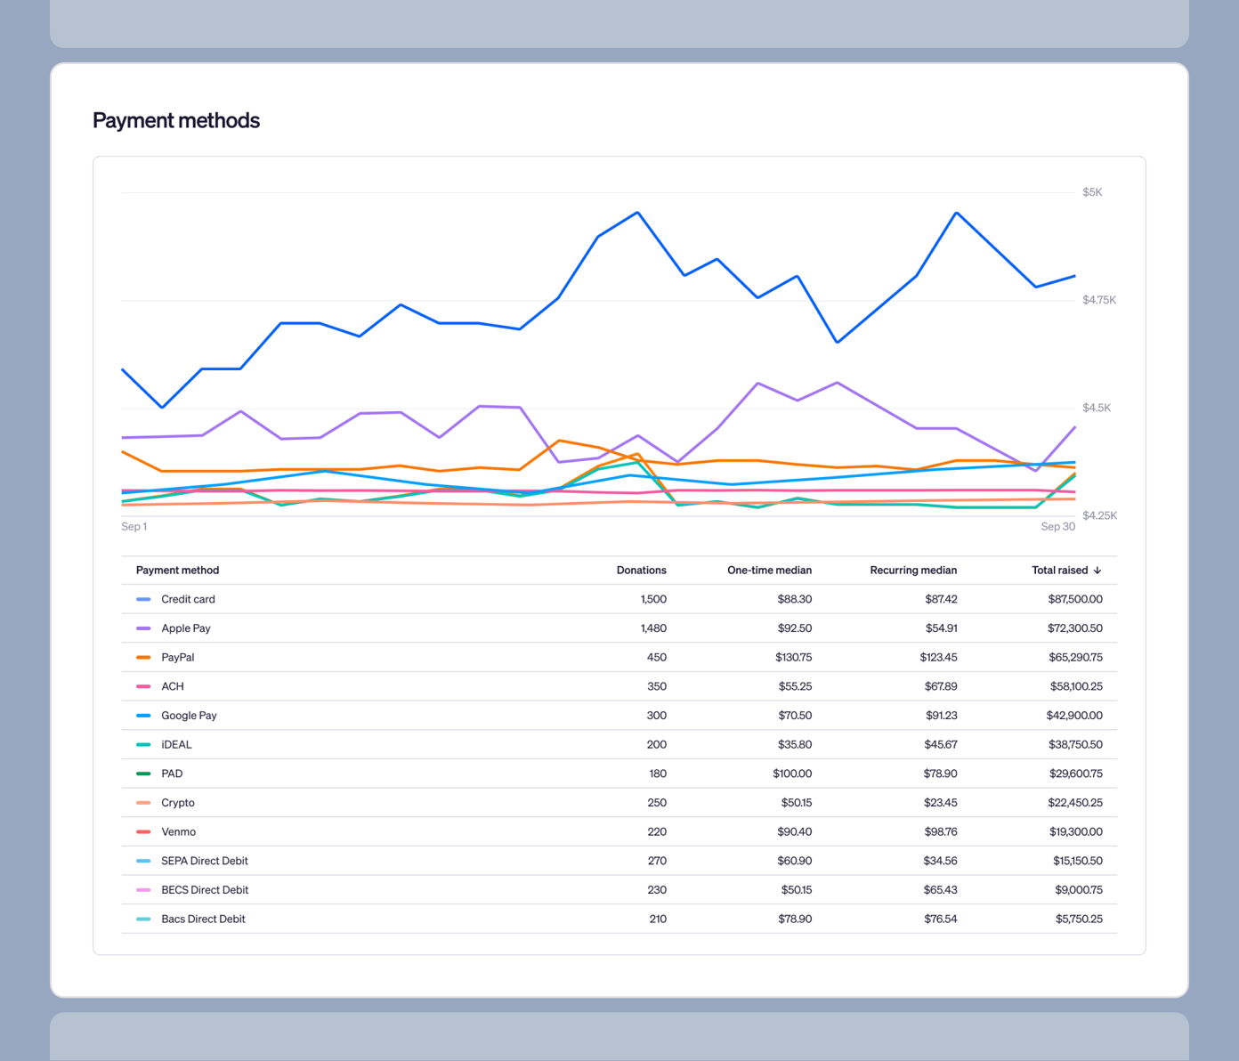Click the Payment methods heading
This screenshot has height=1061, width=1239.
(x=176, y=121)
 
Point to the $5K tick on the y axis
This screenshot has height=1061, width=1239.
(x=1092, y=192)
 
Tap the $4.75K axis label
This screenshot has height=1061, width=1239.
(x=1099, y=300)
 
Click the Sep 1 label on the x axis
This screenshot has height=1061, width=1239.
(x=134, y=527)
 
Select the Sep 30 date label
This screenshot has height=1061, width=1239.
(x=1057, y=527)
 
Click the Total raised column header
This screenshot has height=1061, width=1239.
(x=1059, y=571)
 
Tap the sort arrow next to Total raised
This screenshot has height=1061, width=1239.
(x=1097, y=571)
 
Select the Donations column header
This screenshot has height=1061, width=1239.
(x=641, y=571)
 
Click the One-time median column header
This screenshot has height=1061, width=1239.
(x=769, y=571)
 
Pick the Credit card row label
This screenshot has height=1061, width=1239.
(x=188, y=600)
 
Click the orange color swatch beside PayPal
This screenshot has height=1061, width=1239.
(x=143, y=658)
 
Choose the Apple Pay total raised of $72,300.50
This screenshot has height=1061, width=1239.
(x=1074, y=628)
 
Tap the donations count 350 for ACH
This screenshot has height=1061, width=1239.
(x=656, y=687)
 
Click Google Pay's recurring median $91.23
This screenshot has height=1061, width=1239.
(x=941, y=716)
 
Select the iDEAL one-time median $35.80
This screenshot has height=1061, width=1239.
(x=794, y=745)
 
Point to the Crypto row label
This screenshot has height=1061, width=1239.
(x=178, y=803)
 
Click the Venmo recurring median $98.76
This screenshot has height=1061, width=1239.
(x=940, y=832)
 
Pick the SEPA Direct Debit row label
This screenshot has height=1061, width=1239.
(x=205, y=862)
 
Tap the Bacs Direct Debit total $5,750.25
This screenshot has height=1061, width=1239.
(x=1079, y=919)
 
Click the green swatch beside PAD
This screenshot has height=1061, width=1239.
(x=143, y=774)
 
